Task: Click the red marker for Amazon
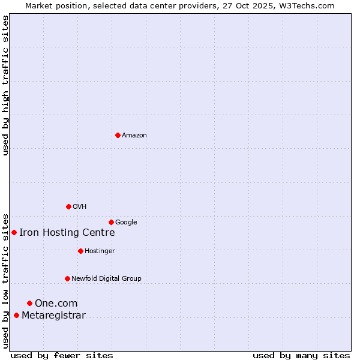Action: click(x=118, y=135)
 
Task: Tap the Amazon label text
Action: click(x=134, y=136)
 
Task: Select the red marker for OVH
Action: click(x=68, y=206)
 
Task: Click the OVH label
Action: click(x=80, y=207)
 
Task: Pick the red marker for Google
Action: click(x=111, y=222)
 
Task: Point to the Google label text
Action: click(x=126, y=223)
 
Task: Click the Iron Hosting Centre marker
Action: click(x=14, y=232)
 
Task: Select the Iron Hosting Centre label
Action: click(x=67, y=233)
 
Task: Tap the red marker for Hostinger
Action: click(x=80, y=251)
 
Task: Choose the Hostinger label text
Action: click(x=100, y=251)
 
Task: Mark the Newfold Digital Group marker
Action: click(x=67, y=278)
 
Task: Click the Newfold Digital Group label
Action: click(x=106, y=279)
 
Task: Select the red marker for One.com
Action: click(x=29, y=303)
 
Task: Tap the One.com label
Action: click(x=56, y=304)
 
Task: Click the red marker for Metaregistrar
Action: click(x=16, y=315)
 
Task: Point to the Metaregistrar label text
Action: click(x=53, y=316)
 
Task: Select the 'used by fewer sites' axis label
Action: click(x=62, y=355)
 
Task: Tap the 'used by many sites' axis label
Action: click(x=301, y=355)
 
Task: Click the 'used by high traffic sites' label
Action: click(x=6, y=85)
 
